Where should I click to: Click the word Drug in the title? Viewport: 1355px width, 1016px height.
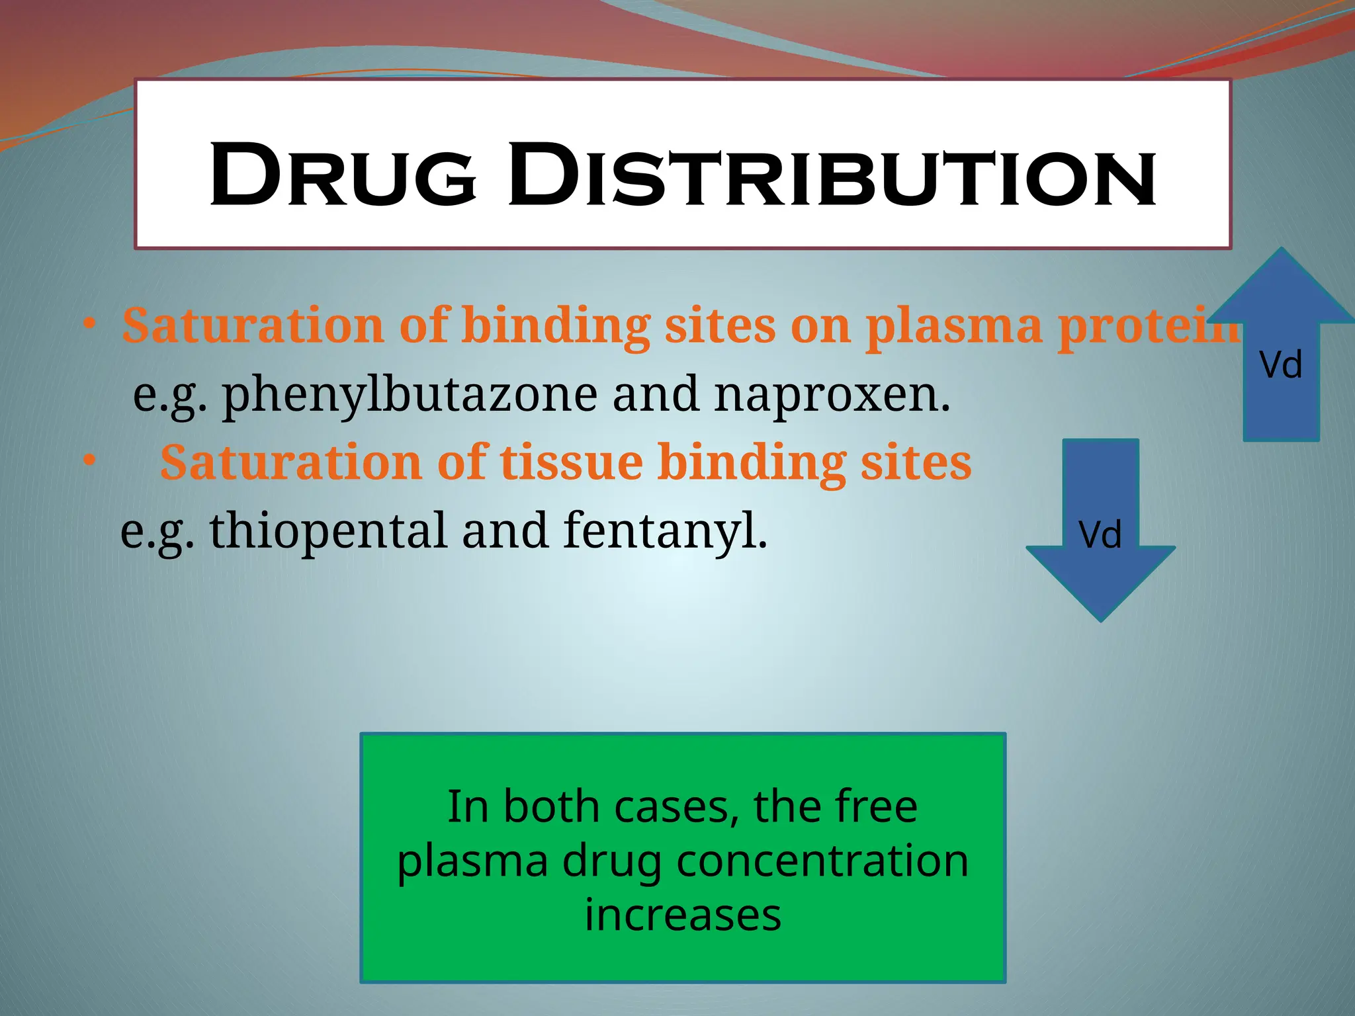coord(343,175)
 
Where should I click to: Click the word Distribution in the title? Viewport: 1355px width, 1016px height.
coord(832,175)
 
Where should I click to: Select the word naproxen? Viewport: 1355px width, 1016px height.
coord(832,395)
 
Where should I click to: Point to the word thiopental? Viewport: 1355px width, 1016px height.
coord(328,531)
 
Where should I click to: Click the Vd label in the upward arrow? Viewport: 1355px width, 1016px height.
coord(1281,365)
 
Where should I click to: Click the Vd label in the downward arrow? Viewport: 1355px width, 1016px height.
coord(1100,534)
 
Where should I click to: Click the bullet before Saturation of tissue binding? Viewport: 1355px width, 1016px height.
coord(90,460)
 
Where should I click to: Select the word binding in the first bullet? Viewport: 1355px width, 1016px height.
coord(555,326)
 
